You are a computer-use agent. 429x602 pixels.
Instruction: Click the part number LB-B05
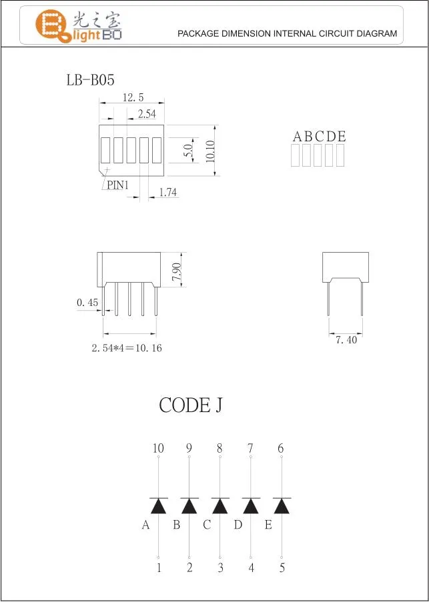point(90,80)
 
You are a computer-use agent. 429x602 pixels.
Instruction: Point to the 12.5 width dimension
point(133,97)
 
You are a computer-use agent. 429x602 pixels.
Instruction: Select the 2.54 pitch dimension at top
point(146,114)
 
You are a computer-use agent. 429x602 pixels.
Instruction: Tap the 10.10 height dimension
point(209,151)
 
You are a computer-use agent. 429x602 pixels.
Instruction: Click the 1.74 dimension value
point(167,193)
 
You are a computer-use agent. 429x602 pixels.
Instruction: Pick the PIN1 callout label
point(118,185)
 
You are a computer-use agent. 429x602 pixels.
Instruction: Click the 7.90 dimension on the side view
point(176,272)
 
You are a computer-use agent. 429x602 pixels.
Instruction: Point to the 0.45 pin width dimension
point(87,303)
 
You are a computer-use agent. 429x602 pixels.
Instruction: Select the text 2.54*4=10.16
point(127,348)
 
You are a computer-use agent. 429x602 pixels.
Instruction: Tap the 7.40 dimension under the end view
point(346,340)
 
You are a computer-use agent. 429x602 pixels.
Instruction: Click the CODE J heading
point(190,405)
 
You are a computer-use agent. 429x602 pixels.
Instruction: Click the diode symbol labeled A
point(158,506)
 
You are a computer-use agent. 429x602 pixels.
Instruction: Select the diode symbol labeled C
point(220,506)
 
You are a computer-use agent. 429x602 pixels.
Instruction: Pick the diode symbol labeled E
point(281,506)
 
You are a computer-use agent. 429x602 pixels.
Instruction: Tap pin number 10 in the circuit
point(158,449)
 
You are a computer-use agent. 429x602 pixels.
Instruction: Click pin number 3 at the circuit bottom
point(220,568)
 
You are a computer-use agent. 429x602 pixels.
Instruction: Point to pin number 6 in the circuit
point(281,449)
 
